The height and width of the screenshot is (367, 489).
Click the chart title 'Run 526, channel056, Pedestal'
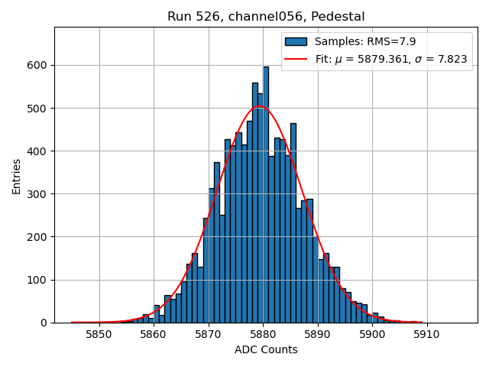(266, 16)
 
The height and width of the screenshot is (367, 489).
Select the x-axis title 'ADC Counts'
(266, 350)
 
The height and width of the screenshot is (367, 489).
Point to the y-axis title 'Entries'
(17, 176)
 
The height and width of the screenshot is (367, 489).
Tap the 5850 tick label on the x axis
(99, 334)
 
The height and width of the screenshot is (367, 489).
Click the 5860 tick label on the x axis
(154, 334)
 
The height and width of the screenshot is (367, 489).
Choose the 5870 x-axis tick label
(208, 334)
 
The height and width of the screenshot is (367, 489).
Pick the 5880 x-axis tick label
(263, 334)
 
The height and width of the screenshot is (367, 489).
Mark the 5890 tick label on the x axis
(317, 334)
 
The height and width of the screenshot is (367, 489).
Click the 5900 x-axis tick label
(372, 334)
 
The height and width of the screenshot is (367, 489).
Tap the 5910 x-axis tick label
(426, 334)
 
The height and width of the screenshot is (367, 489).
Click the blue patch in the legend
(296, 41)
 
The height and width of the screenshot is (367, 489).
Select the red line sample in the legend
(296, 59)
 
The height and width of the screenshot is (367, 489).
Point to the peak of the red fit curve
(260, 106)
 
